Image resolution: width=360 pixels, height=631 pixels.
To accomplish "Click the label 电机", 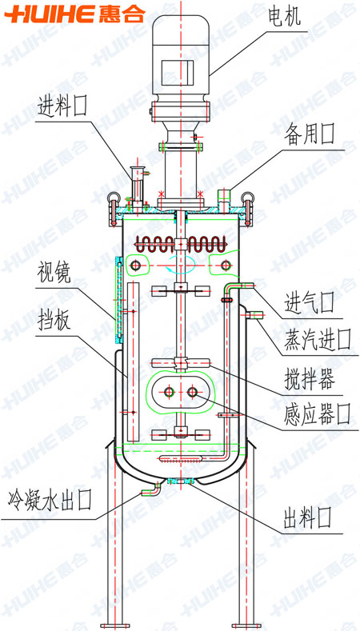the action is [x=285, y=17].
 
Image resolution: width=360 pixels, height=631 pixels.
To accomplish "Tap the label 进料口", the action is [x=62, y=106].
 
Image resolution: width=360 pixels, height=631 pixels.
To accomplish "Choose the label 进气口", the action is [x=310, y=303].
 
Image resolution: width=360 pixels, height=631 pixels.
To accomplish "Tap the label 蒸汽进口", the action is [x=318, y=339].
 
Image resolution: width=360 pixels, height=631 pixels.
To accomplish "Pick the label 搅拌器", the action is [x=310, y=380].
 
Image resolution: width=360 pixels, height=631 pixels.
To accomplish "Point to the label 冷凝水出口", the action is [x=50, y=501].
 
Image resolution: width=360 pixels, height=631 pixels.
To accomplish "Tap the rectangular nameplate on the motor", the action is [x=178, y=73].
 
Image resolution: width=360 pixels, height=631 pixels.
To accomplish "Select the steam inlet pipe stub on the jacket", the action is [x=254, y=314].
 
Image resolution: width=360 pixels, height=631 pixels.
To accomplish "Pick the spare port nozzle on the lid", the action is [x=223, y=198].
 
